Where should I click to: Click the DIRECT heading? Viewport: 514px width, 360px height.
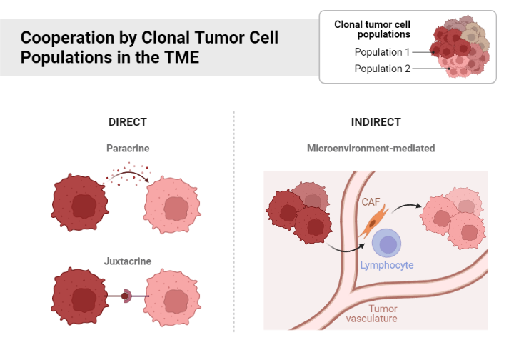tap(127, 122)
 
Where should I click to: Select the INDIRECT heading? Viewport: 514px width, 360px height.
tap(376, 122)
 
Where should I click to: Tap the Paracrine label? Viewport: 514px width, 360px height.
tap(128, 149)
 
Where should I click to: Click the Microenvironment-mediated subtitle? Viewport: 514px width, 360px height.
tap(371, 149)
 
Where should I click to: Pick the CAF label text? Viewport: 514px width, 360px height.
tap(371, 203)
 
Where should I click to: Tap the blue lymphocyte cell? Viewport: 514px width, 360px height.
tap(388, 244)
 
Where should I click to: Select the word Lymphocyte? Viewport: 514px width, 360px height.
tap(386, 265)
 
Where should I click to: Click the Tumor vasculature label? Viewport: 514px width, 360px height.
tap(371, 314)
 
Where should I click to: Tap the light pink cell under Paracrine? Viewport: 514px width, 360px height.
tap(174, 206)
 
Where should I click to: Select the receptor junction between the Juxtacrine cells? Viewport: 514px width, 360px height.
tap(127, 295)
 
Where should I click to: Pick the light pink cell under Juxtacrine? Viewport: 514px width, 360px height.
tap(174, 295)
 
